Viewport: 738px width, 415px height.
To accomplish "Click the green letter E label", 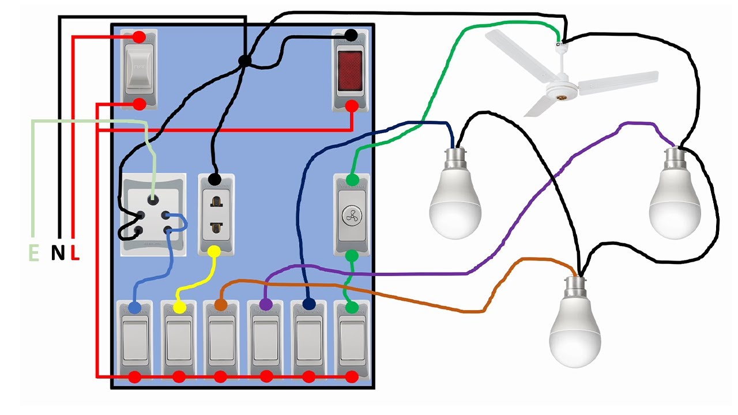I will (34, 252).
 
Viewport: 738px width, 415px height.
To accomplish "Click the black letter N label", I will (58, 252).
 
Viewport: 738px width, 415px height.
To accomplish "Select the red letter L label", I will (75, 252).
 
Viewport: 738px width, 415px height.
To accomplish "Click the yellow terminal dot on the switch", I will (179, 308).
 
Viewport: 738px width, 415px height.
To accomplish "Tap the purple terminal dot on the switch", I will (266, 303).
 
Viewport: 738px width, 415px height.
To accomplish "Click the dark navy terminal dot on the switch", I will (308, 303).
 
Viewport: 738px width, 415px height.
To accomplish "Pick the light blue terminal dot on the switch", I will (134, 308).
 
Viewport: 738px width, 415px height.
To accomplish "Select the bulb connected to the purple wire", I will (675, 199).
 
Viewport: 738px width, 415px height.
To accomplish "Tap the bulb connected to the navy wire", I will (455, 199).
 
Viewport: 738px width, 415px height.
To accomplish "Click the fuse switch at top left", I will (138, 70).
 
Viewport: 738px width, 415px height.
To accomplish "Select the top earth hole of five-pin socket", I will (153, 200).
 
